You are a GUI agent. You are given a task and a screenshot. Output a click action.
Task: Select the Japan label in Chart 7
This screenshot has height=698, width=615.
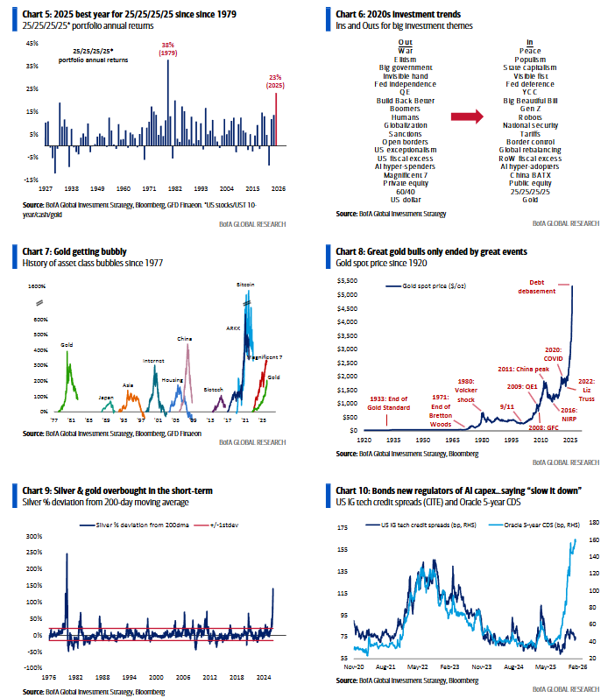tap(106, 397)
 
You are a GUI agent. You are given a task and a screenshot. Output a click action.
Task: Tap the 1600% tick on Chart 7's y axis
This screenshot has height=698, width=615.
tap(37, 286)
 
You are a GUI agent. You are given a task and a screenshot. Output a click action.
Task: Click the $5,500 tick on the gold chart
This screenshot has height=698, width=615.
tap(348, 281)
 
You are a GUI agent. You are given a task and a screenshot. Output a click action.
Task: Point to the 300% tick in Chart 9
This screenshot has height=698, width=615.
tap(35, 535)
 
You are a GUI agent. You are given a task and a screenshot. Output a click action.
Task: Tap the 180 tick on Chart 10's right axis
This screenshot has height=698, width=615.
tap(592, 522)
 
